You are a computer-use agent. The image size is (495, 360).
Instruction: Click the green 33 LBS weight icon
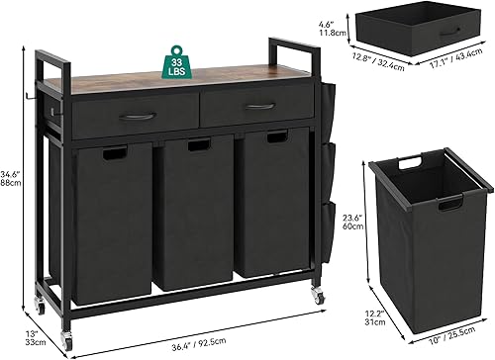coord(176,63)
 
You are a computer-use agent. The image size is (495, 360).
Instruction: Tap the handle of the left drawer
coord(138,116)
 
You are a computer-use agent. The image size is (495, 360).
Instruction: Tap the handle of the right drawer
coord(260,106)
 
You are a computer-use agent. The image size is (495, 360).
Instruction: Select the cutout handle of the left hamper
coord(115,153)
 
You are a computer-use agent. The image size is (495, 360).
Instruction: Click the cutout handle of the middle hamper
coord(199,145)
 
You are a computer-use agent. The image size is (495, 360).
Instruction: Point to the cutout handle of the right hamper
coord(277,136)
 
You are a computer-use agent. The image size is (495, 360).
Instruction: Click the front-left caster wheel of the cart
coord(66,339)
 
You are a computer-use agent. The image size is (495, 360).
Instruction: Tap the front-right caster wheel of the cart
coord(318,295)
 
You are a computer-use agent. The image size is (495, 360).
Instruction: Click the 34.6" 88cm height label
coord(10,178)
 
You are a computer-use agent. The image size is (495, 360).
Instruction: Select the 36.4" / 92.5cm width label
coord(199,343)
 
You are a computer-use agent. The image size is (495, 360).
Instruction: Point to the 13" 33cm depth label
coord(36,338)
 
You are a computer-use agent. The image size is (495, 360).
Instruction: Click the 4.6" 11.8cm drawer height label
coord(332,29)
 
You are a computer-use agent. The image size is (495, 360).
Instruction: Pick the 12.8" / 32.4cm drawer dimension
coord(378,61)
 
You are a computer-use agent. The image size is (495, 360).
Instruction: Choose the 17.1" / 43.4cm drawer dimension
coord(456,58)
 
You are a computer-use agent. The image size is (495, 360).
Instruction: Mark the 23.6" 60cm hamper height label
coord(352,222)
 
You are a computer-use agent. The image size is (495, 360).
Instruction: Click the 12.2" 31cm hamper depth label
coord(375,317)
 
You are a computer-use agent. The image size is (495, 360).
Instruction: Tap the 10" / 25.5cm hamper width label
coord(451,335)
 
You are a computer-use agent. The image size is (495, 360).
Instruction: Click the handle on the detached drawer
coord(449,32)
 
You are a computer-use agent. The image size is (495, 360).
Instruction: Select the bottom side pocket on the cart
coord(328,230)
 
